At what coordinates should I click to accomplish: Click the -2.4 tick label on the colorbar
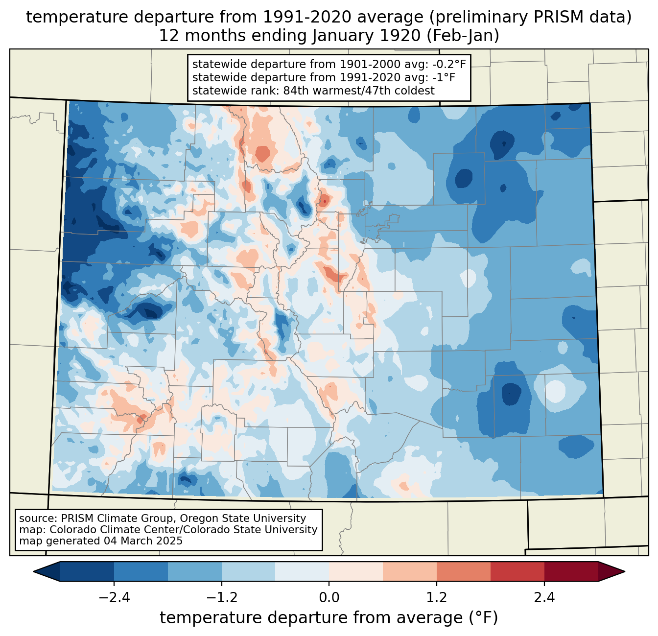tap(114, 598)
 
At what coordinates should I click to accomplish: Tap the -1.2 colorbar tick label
tap(221, 598)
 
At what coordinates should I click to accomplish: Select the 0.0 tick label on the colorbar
tap(329, 598)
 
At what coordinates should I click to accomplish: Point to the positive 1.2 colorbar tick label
tap(437, 598)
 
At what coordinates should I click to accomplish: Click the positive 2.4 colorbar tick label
tap(544, 598)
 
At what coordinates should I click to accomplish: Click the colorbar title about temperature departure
tap(329, 618)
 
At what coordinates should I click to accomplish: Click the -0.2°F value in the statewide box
tap(448, 64)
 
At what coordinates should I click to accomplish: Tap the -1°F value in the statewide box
tap(444, 77)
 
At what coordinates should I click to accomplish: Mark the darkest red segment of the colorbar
tap(571, 571)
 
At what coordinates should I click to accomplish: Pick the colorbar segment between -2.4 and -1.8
tap(141, 571)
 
